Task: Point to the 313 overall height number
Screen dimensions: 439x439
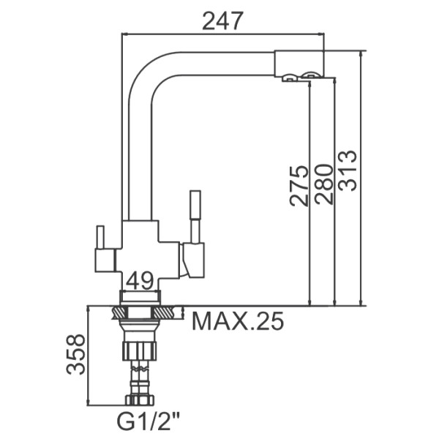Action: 348,170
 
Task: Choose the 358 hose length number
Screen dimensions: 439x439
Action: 75,354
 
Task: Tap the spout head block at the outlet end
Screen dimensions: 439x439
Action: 299,63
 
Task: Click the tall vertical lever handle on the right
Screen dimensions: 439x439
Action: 195,216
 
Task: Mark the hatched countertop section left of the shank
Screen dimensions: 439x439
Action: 116,313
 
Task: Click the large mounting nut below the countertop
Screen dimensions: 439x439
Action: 140,349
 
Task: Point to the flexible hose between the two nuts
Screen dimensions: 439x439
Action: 140,377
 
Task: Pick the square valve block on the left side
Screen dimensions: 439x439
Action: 105,259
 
